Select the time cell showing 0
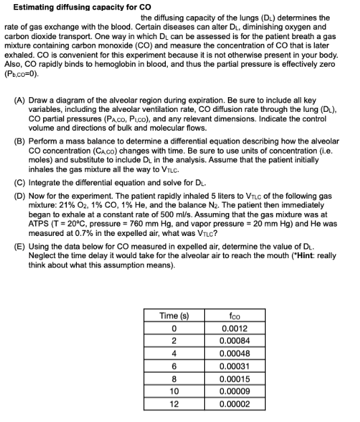(173, 328)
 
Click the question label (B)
(20, 142)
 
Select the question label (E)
(20, 247)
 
